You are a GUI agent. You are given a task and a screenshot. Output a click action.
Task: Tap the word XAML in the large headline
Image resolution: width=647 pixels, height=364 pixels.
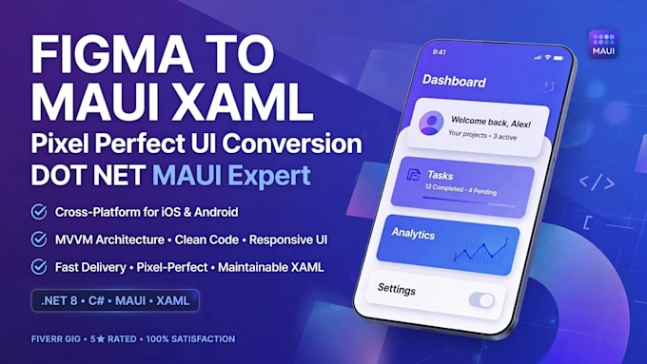(243, 102)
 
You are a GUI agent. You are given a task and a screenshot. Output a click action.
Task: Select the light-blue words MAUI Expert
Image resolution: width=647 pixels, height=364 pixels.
(231, 176)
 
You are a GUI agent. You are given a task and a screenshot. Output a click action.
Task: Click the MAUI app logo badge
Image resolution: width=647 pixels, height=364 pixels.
(603, 44)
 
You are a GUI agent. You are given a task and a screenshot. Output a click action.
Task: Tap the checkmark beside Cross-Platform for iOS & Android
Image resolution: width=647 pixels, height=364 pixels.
(39, 212)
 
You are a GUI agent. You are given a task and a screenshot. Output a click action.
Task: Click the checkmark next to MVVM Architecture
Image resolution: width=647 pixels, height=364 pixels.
(39, 239)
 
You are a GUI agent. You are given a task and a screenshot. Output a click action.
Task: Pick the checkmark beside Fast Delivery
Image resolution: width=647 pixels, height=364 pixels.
(39, 267)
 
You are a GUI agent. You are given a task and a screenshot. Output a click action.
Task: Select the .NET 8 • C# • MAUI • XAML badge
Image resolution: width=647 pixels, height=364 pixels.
(115, 300)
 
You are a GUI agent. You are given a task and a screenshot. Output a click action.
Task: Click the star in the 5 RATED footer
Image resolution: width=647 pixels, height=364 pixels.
(101, 339)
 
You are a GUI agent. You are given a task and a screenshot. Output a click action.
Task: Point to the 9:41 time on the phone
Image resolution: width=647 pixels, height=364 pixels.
(439, 52)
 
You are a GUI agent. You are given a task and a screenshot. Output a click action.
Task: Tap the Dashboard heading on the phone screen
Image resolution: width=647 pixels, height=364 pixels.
(454, 81)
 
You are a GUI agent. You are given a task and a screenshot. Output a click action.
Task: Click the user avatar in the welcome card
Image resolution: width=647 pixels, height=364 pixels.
(431, 123)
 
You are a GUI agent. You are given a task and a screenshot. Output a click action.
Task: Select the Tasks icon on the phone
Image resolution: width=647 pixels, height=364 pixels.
(413, 174)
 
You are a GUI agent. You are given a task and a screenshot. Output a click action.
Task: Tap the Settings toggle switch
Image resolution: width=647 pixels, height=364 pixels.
(481, 300)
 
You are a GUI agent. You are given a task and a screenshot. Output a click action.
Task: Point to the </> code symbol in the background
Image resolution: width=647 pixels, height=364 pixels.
(597, 182)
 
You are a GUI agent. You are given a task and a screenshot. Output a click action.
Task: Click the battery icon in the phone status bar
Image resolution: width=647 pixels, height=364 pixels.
(559, 58)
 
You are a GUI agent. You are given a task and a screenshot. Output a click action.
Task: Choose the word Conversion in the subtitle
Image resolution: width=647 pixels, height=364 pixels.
(292, 144)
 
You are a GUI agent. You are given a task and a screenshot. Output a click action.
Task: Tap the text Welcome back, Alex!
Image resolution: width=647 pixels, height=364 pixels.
(491, 122)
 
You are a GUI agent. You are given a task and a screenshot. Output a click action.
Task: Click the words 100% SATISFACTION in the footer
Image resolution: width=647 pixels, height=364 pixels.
(190, 339)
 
